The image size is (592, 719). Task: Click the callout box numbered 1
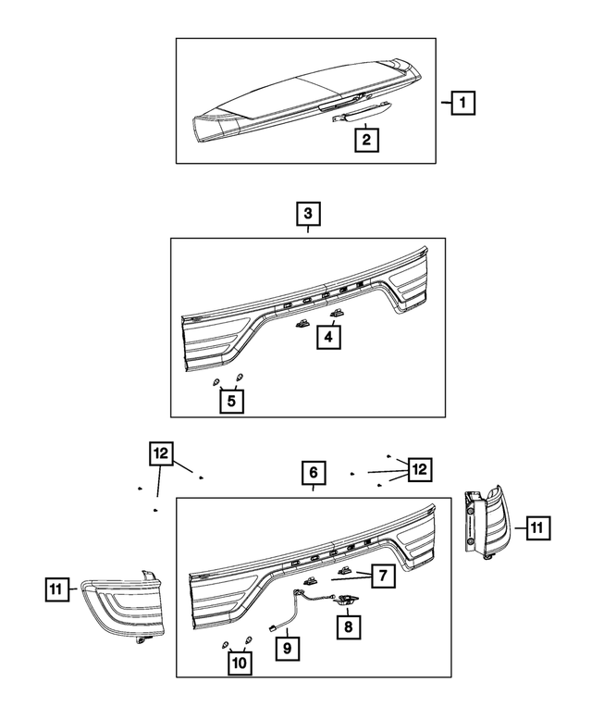pos(462,104)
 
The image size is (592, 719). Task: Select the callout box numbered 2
pos(367,140)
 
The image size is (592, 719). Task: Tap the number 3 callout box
pos(308,215)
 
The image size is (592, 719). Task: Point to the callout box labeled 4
pos(327,339)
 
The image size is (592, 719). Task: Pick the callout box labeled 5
pos(231,402)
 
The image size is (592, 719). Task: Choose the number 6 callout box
pos(314,474)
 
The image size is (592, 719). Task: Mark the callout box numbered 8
pos(349,626)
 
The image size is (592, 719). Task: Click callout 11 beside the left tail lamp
pos(57,588)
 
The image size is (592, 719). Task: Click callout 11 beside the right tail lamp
pos(538,528)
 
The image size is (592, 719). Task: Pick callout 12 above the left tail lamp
pos(160,453)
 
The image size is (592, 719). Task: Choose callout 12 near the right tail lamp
pos(419,469)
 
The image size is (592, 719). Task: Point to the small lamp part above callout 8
pos(347,601)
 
